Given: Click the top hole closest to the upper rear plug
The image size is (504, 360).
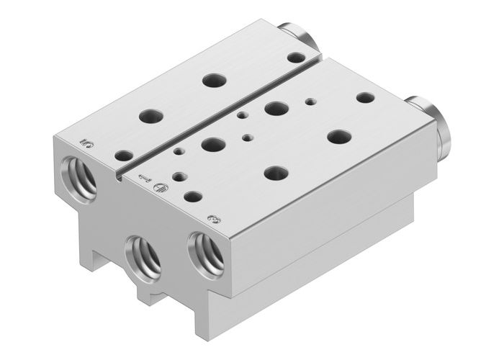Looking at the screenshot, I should coord(294,57).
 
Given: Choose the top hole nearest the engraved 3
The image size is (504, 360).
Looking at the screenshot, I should coord(192,195).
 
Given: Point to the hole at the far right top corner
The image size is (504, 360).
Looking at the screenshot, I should coord(365,96).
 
